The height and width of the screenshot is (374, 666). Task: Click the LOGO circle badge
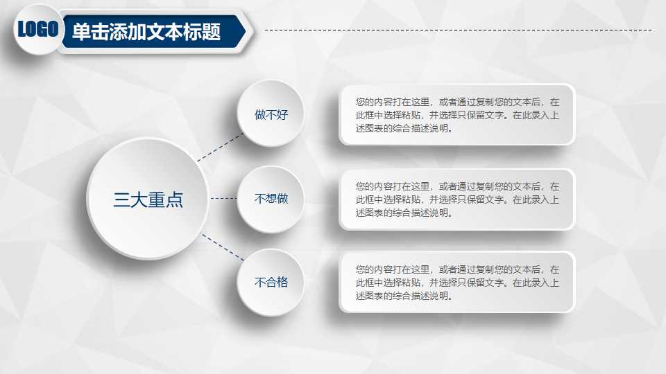click(x=37, y=29)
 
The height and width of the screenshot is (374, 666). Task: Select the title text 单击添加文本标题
click(x=146, y=32)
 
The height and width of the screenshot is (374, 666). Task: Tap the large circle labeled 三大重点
click(x=148, y=199)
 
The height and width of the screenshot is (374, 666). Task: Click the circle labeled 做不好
click(x=271, y=114)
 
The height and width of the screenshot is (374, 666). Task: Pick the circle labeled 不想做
click(x=271, y=199)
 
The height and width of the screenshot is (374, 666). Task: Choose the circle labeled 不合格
click(x=271, y=282)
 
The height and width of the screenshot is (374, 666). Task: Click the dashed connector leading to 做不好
click(x=221, y=148)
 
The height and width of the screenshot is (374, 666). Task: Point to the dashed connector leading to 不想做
click(x=223, y=199)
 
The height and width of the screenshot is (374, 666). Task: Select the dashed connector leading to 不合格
click(x=223, y=247)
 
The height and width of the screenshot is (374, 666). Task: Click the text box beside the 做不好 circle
click(x=456, y=114)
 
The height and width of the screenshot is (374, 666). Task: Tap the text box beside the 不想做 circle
click(x=456, y=199)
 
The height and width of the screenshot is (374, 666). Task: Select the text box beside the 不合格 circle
click(x=456, y=282)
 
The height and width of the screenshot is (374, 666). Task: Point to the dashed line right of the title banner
click(x=458, y=30)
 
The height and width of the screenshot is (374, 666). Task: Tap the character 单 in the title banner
click(x=81, y=32)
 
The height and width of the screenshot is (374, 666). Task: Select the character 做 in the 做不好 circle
click(x=260, y=114)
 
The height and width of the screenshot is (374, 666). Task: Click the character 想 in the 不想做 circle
click(x=271, y=199)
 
